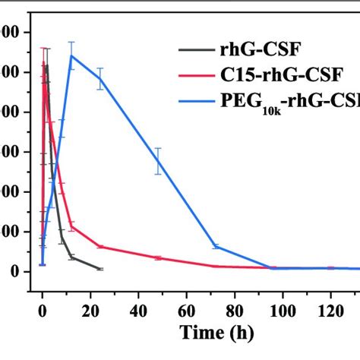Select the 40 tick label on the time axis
tap(138, 310)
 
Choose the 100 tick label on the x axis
tap(283, 310)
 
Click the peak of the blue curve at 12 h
tap(71, 55)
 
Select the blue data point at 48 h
tap(158, 161)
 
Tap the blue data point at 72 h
tap(216, 246)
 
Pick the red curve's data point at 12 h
tap(71, 226)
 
